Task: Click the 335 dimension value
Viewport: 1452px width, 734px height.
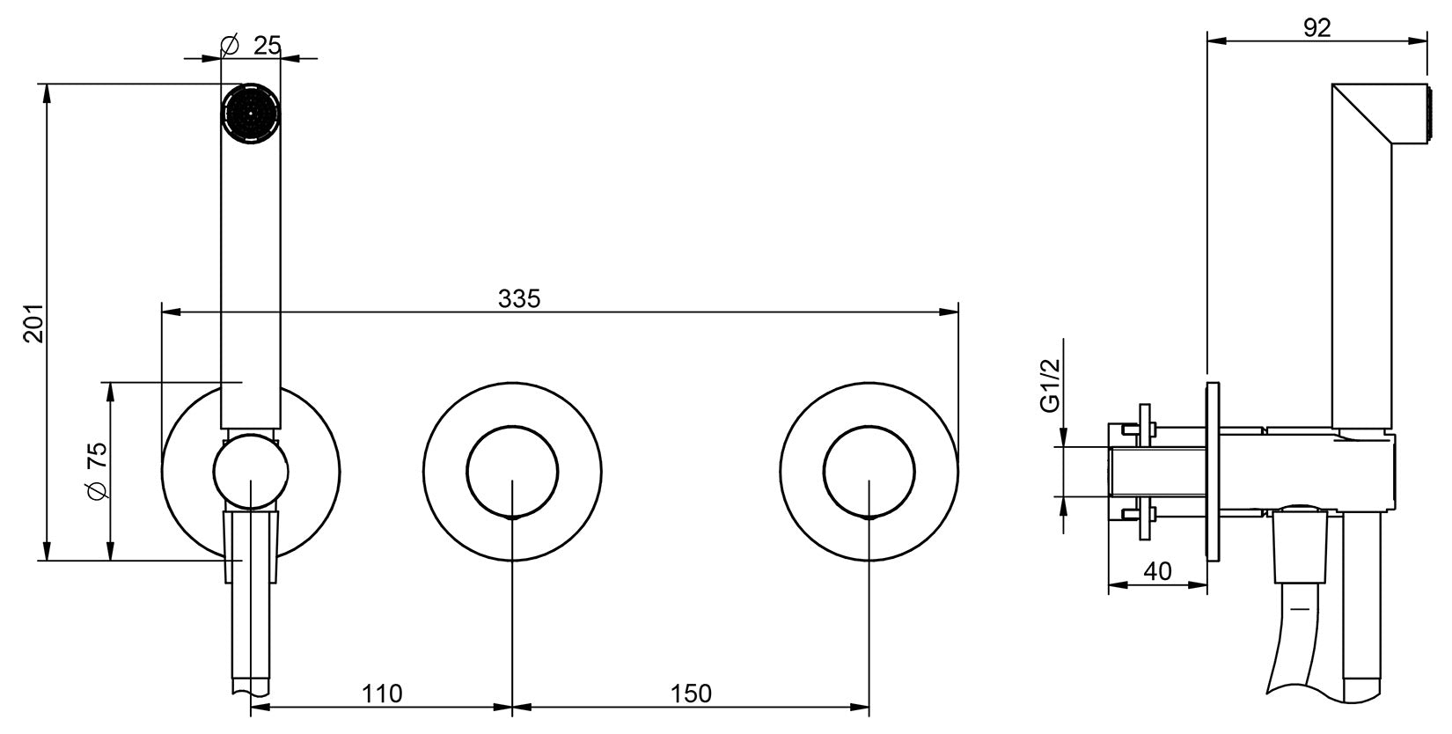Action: [x=518, y=298]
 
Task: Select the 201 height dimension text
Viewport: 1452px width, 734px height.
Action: [x=33, y=322]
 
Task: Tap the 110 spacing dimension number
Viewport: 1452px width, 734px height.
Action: [x=382, y=694]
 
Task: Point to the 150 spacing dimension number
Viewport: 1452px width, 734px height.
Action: [x=690, y=694]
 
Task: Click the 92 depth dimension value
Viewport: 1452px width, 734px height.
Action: [x=1316, y=28]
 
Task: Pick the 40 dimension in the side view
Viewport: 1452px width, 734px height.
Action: [x=1157, y=571]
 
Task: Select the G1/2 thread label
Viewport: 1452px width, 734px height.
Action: [x=1050, y=385]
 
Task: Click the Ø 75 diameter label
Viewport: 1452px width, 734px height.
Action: [x=97, y=471]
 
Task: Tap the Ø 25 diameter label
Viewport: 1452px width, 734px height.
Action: [x=251, y=46]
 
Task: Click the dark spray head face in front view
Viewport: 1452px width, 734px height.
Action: [x=252, y=114]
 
